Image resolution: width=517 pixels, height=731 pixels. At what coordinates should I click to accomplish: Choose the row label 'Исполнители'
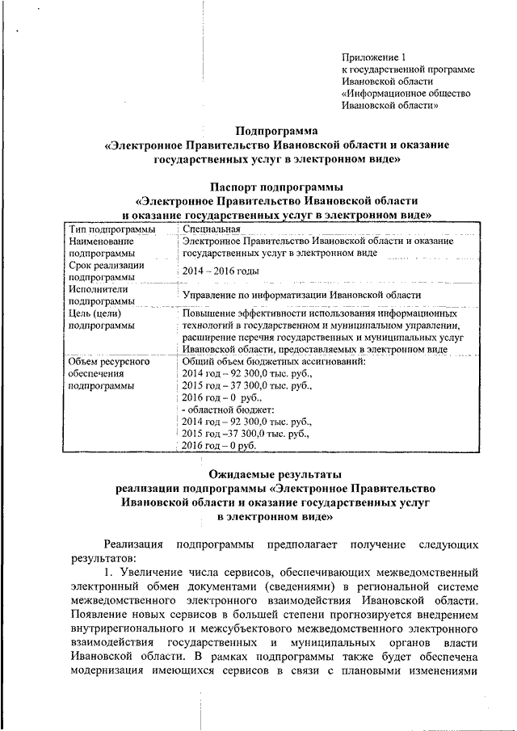98,288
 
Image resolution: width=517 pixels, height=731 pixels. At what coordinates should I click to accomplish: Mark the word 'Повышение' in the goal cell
208,312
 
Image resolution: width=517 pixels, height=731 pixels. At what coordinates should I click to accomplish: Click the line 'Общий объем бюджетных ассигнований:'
274,361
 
